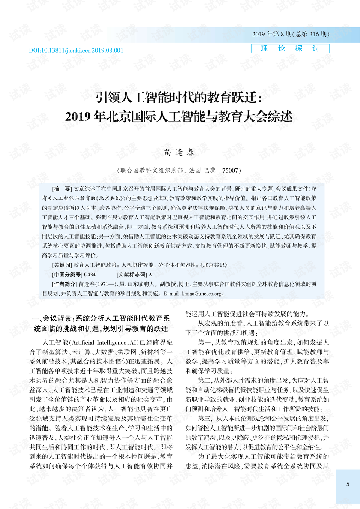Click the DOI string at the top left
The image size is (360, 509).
click(76, 50)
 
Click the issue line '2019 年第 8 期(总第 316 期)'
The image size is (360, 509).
click(291, 34)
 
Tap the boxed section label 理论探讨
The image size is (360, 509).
click(290, 48)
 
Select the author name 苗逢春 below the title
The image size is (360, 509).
click(179, 152)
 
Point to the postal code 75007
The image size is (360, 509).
click(230, 170)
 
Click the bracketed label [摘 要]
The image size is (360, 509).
click(62, 189)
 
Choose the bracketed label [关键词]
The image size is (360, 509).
click(62, 265)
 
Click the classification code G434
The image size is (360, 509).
click(90, 275)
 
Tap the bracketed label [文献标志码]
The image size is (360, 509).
click(132, 275)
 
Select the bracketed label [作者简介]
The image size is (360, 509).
click(64, 284)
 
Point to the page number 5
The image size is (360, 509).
click(348, 484)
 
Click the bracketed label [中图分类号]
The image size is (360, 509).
click(67, 275)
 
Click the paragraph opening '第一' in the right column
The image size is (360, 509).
click(204, 342)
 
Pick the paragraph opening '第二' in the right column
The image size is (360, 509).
click(204, 380)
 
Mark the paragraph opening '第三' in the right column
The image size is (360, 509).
click(204, 418)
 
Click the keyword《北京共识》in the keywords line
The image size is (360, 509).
click(214, 265)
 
